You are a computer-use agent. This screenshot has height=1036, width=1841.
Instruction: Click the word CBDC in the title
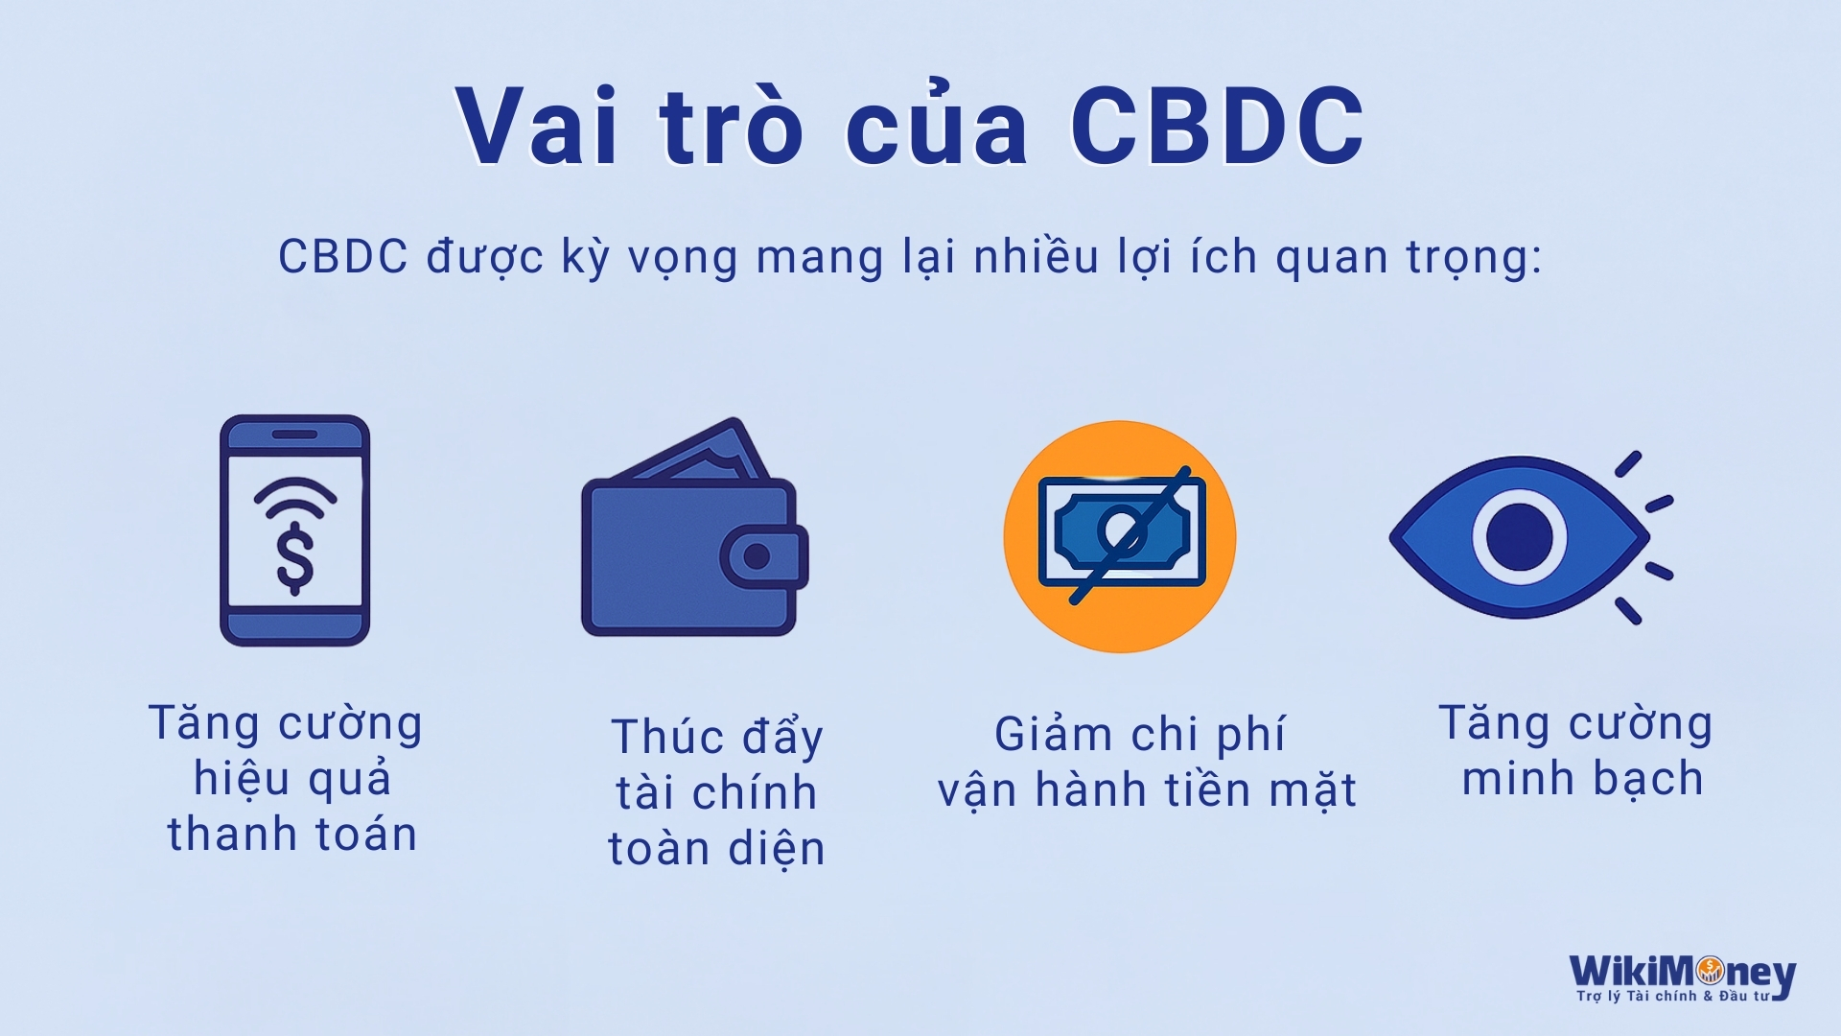(x=1217, y=127)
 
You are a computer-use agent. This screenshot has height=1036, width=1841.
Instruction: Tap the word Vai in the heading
(x=538, y=127)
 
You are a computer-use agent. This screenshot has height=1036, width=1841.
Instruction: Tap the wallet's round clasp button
(x=757, y=556)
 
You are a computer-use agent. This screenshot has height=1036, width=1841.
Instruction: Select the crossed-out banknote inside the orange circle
(x=1122, y=531)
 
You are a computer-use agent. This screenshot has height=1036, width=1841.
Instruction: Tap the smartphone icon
(x=294, y=530)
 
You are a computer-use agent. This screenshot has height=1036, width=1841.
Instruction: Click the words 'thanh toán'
(x=292, y=835)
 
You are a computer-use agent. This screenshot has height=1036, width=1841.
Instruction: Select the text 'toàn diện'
(x=716, y=850)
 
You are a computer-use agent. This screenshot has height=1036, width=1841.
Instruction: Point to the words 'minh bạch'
(x=1582, y=779)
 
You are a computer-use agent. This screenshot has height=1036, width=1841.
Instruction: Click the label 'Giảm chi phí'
(x=1139, y=736)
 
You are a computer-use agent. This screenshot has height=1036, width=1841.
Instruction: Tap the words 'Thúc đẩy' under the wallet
(x=717, y=737)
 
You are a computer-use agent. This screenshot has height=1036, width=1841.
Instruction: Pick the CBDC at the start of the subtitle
(x=342, y=256)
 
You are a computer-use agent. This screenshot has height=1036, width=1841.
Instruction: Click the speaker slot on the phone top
(x=294, y=435)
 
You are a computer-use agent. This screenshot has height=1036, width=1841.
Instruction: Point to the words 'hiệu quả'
(x=292, y=779)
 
